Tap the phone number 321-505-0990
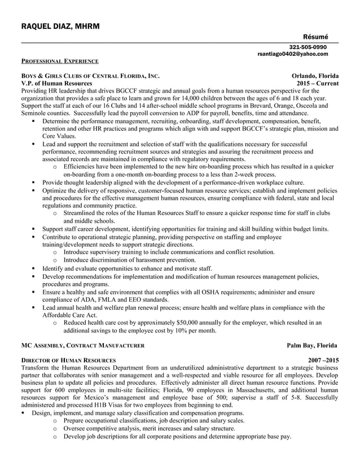click(x=308, y=47)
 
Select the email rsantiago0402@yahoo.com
click(x=292, y=54)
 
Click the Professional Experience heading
click(x=60, y=61)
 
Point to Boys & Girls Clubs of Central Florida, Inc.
click(x=90, y=76)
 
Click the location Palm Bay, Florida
click(x=312, y=345)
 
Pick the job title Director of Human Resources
click(x=68, y=360)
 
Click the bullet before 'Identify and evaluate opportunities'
click(x=34, y=269)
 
